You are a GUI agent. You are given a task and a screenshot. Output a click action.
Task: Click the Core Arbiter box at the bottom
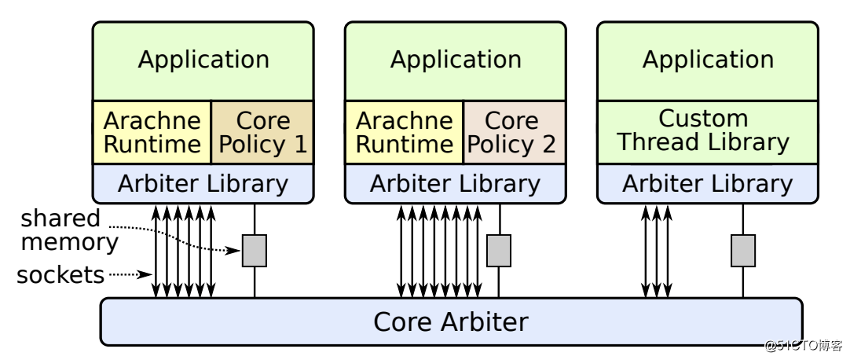click(x=451, y=321)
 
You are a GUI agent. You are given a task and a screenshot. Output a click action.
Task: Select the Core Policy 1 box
click(x=262, y=132)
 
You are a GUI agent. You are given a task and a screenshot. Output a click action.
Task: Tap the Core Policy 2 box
click(x=515, y=132)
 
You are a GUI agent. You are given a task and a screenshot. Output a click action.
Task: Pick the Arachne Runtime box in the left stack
click(x=152, y=132)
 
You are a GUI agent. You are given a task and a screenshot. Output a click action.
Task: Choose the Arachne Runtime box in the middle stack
click(x=405, y=132)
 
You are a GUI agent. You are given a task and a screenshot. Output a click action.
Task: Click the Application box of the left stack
click(x=203, y=61)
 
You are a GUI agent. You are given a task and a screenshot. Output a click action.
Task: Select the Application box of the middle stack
click(x=456, y=61)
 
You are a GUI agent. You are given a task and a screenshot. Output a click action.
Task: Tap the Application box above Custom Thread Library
click(x=708, y=61)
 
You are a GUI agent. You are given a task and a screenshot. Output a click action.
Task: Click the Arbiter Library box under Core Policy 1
click(x=203, y=183)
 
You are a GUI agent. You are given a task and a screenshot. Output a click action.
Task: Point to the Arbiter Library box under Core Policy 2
click(x=456, y=183)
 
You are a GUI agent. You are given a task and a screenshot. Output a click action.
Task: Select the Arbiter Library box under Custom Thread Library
click(x=708, y=183)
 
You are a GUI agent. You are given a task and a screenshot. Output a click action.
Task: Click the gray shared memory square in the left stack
click(x=255, y=251)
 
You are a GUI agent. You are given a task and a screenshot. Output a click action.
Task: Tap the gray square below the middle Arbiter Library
click(x=499, y=251)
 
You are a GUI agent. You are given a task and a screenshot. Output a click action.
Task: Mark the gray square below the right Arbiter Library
click(x=743, y=251)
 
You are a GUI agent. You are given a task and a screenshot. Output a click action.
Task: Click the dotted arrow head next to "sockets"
click(x=147, y=274)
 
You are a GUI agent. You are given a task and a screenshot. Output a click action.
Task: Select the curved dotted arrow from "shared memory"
click(x=189, y=237)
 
